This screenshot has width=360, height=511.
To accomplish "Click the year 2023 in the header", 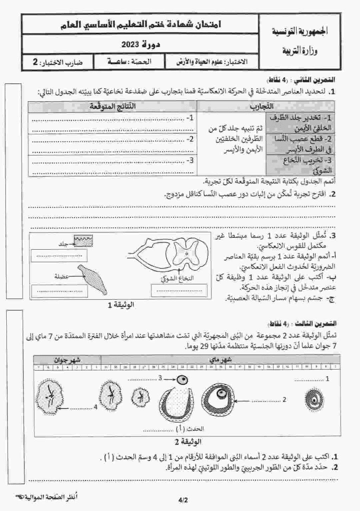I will point(131,45).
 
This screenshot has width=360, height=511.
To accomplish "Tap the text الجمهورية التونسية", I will point(300,31).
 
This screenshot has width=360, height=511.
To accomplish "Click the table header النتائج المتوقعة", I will point(112,106).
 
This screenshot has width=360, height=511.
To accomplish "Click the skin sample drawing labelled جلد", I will point(83,240).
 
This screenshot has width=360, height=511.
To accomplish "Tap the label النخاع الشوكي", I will point(177,278).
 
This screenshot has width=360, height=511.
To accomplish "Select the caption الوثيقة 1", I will point(121,305).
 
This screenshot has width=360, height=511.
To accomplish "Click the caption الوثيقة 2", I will point(188,441).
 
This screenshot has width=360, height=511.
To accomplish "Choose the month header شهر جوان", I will point(67,360).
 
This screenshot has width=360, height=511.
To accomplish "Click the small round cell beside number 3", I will point(182,380).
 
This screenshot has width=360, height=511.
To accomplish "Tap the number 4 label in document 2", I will point(95,407).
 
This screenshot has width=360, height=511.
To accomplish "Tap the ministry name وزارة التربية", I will point(300,51).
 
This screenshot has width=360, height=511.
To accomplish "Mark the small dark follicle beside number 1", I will point(314,399).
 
